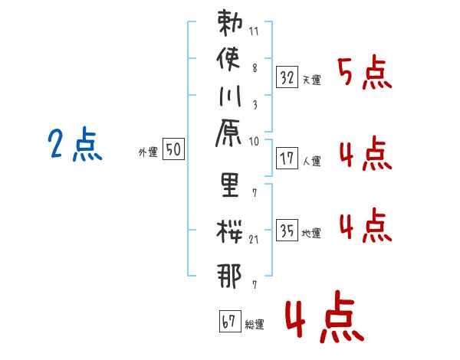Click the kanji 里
(x=229, y=187)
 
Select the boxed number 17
(x=287, y=159)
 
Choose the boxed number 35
(x=287, y=231)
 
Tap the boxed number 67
(x=229, y=322)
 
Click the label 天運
(x=311, y=80)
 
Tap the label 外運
(x=148, y=152)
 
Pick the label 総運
(x=255, y=325)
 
